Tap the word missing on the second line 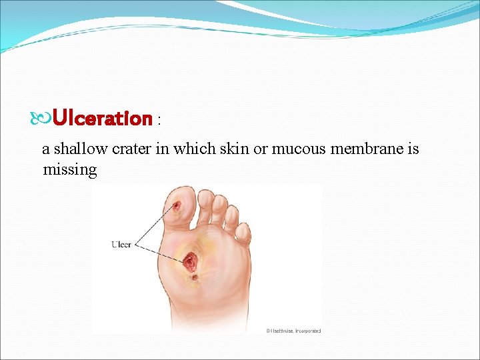[69, 169]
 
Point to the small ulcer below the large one [194, 277]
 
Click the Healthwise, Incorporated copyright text [293, 331]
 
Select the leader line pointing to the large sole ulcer [160, 251]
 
